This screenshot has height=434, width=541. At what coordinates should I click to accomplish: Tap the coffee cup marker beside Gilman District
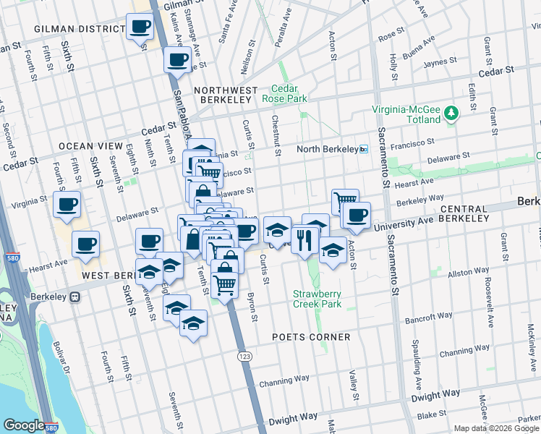[x=140, y=27]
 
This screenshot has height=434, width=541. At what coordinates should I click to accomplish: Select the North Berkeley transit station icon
[x=364, y=149]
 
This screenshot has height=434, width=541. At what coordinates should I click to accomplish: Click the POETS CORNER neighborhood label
[x=311, y=337]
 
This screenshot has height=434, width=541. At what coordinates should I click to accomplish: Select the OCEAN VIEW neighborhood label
[x=86, y=146]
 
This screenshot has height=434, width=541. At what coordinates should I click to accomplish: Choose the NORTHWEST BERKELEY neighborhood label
[x=226, y=90]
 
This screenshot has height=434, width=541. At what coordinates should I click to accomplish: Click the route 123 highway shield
[x=244, y=357]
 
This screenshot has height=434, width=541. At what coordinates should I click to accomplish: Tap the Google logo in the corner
[x=24, y=425]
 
